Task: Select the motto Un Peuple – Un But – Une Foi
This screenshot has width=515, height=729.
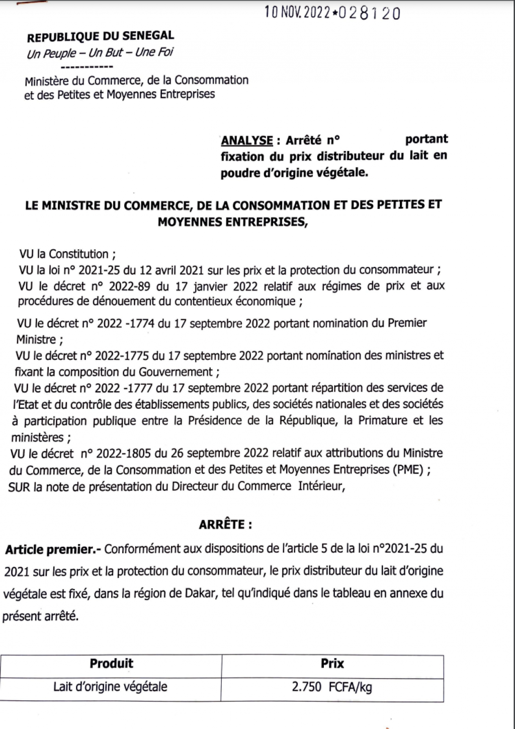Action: pos(100,53)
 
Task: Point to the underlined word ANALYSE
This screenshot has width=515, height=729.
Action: pos(247,140)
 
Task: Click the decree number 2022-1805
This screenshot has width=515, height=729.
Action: pos(124,453)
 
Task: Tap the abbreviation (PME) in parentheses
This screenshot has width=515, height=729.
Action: pos(409,470)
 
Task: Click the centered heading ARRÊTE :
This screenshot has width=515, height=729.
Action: pos(225,525)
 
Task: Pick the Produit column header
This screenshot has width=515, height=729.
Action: pos(111,664)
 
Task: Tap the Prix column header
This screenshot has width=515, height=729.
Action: pos(332,664)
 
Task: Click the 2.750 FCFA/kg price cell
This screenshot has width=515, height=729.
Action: pos(332,687)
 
